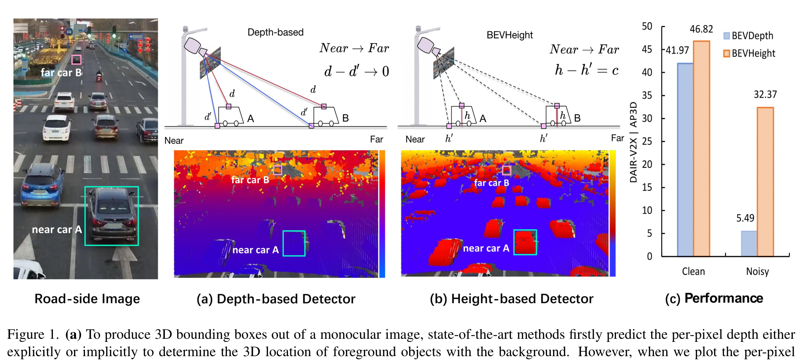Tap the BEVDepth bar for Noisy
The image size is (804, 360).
coord(749,243)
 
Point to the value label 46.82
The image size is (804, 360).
coord(701,29)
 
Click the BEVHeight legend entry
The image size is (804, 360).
coord(749,53)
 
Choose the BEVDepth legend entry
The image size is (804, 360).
coord(748,36)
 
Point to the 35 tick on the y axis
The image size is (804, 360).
coord(647,95)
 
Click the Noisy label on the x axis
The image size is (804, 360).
coord(757,272)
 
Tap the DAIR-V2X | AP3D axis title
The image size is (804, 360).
coord(633,142)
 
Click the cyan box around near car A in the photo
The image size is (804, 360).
coord(112,216)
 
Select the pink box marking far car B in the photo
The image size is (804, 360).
coord(76,59)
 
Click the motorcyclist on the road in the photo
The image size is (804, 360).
coord(99,76)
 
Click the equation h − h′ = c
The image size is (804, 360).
coord(586,70)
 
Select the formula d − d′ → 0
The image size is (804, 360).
coord(356,71)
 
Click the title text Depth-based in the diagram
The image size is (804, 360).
coord(275,32)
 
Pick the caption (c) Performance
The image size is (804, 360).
coord(714,299)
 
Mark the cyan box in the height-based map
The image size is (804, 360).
coord(525,242)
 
